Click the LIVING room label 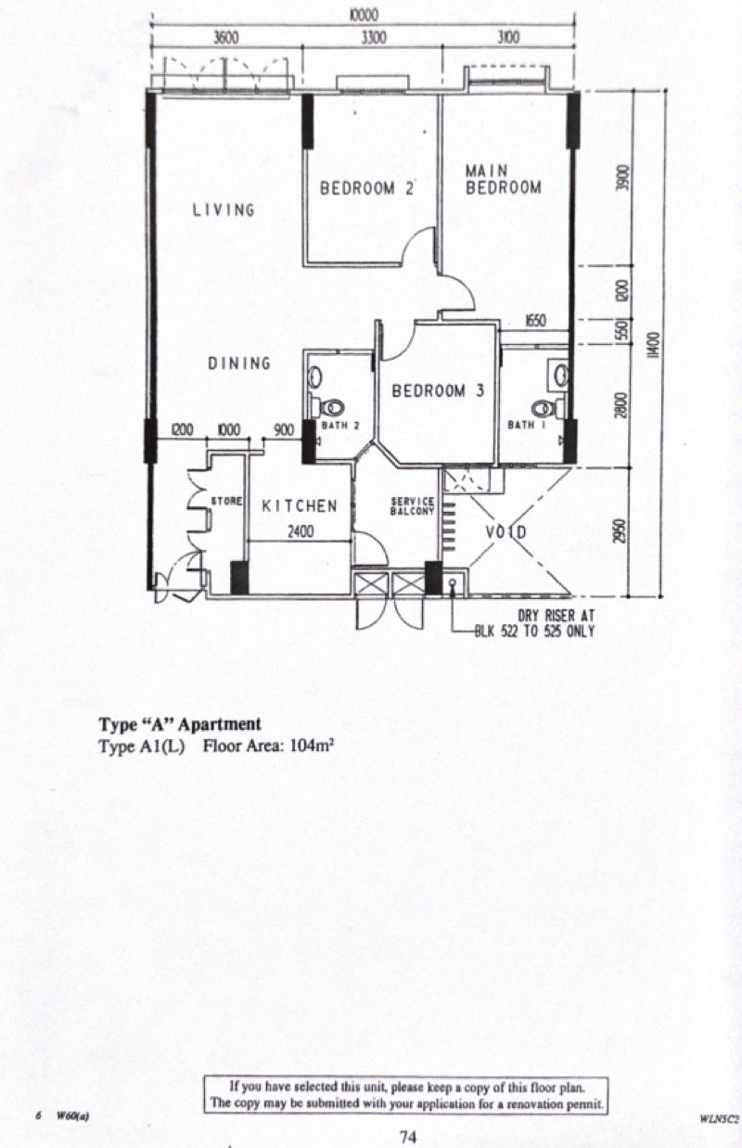(x=224, y=210)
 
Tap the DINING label (x=239, y=364)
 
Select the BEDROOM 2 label (x=366, y=188)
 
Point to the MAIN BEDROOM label (x=503, y=179)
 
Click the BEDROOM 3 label (x=438, y=391)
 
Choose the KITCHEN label (x=300, y=506)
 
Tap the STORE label (x=226, y=501)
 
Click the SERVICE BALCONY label (x=413, y=505)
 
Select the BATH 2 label (x=340, y=425)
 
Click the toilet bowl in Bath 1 (x=543, y=408)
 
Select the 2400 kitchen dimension (x=300, y=531)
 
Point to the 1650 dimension (x=535, y=322)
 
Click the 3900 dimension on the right (x=622, y=178)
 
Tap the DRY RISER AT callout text (x=556, y=616)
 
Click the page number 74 (x=408, y=1137)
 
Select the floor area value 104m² (x=313, y=746)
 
